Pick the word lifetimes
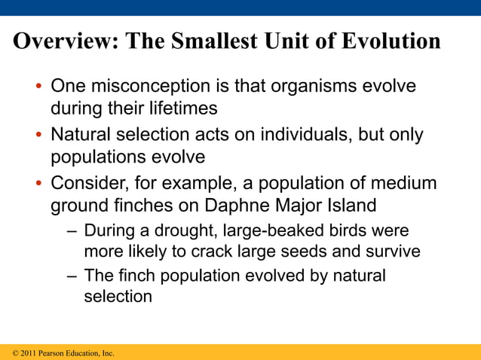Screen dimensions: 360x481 (175, 109)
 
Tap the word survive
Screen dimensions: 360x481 (392, 251)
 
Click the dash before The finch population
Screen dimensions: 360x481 (70, 276)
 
